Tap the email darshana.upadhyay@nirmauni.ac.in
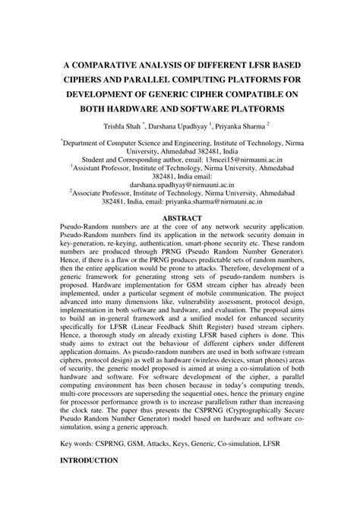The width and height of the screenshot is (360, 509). [179, 183]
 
